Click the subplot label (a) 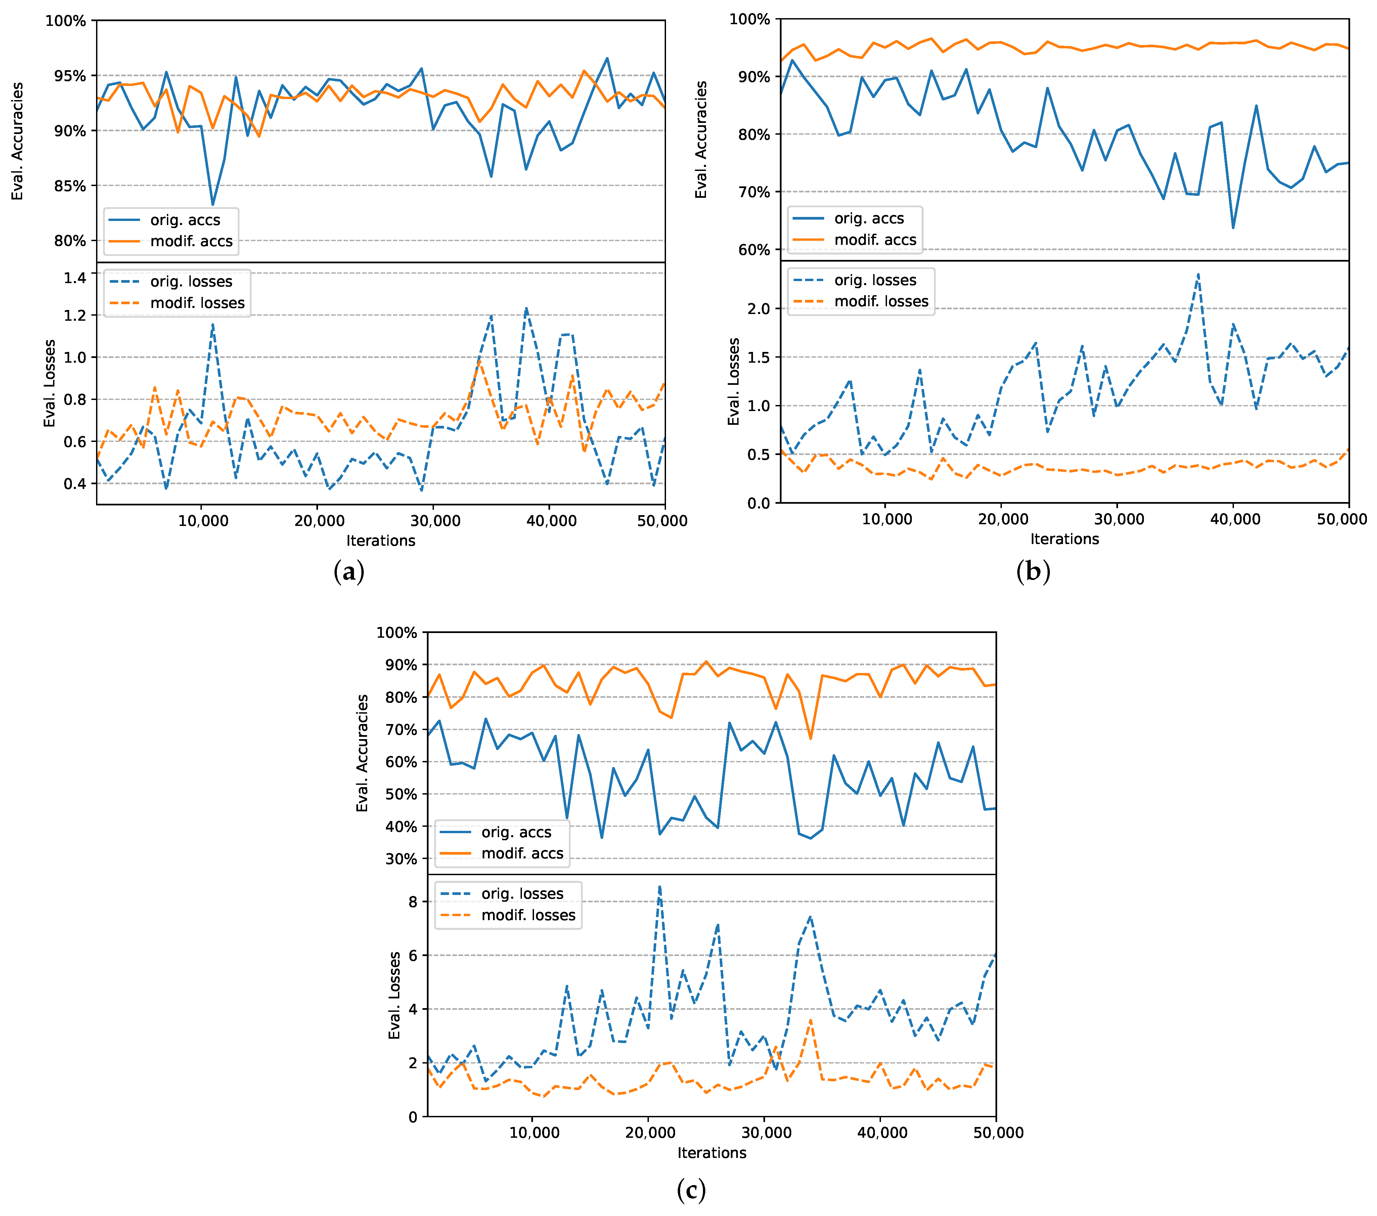click(x=349, y=572)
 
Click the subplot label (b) click(x=1033, y=571)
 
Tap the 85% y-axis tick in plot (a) click(x=70, y=186)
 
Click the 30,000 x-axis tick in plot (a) click(x=435, y=521)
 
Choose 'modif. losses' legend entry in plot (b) click(x=881, y=302)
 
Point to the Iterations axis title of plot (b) click(x=1064, y=539)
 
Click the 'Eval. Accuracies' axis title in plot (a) click(x=17, y=141)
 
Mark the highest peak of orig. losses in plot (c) click(x=660, y=887)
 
